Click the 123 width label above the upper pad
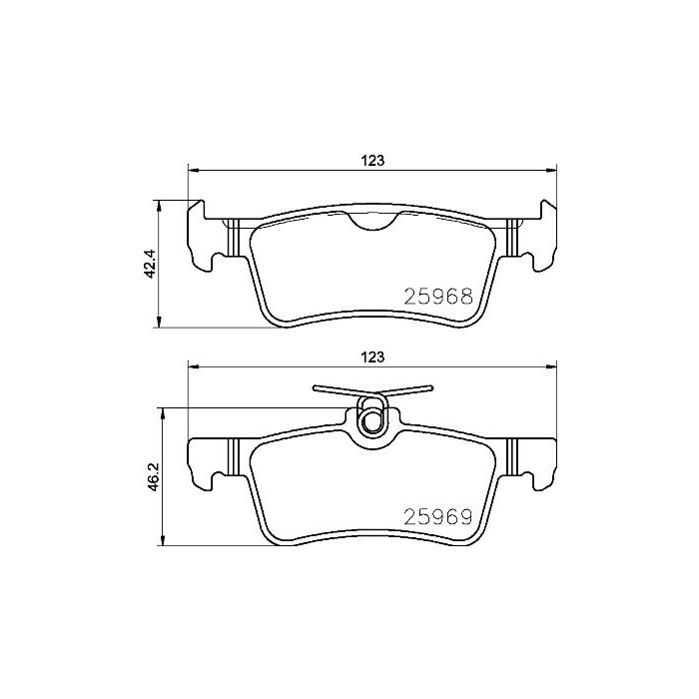pyautogui.click(x=372, y=159)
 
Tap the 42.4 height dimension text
pyautogui.click(x=150, y=265)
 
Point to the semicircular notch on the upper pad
pyautogui.click(x=372, y=221)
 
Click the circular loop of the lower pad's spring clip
pyautogui.click(x=371, y=420)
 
